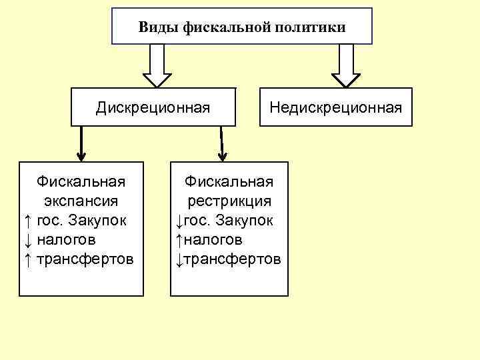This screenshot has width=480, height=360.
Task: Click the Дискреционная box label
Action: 153,107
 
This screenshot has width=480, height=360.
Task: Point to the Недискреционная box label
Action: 335,107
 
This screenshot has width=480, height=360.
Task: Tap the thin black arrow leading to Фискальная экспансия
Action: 81,143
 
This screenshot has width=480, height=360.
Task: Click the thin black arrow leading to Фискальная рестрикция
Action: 222,143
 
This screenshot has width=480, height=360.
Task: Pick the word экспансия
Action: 81,201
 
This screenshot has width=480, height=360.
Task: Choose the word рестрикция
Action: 229,201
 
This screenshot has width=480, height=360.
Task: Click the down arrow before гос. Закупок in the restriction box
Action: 179,220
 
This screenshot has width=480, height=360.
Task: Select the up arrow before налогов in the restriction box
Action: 179,239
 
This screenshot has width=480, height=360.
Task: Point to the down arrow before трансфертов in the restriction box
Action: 179,259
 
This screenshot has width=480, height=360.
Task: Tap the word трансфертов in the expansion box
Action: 85,259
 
